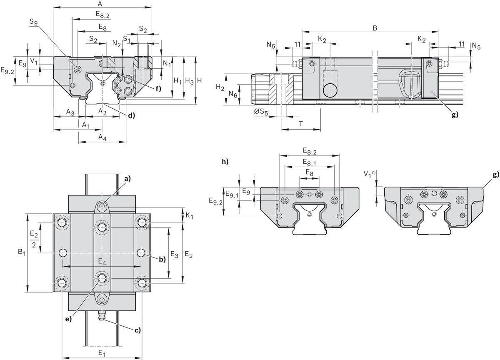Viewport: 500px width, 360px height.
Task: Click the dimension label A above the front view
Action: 100,4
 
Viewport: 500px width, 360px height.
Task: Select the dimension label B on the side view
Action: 375,28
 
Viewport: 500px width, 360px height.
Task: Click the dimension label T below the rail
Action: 300,124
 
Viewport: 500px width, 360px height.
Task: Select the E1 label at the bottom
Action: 101,353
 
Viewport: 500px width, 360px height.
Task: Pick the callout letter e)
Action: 68,319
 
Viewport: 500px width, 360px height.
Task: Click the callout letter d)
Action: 132,115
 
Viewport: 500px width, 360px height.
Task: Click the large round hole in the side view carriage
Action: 330,90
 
